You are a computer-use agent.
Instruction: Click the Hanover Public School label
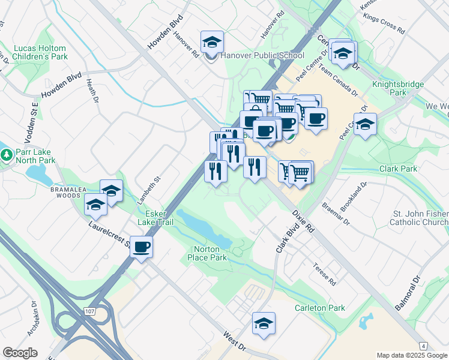point(263,55)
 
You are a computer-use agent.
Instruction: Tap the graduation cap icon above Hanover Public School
point(211,41)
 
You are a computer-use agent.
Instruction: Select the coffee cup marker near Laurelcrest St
point(141,247)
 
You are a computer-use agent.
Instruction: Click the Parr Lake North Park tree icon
point(7,155)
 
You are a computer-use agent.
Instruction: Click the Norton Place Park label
point(210,253)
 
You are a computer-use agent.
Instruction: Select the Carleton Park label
point(319,308)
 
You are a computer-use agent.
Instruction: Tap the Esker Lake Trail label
point(155,218)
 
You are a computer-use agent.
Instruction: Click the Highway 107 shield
point(90,312)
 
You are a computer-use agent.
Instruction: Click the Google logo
point(20,352)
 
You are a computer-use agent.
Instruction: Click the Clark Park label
point(398,169)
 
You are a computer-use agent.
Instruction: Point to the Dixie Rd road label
point(303,220)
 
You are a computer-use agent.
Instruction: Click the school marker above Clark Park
point(364,124)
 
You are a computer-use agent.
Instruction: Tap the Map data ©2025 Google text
point(411,355)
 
